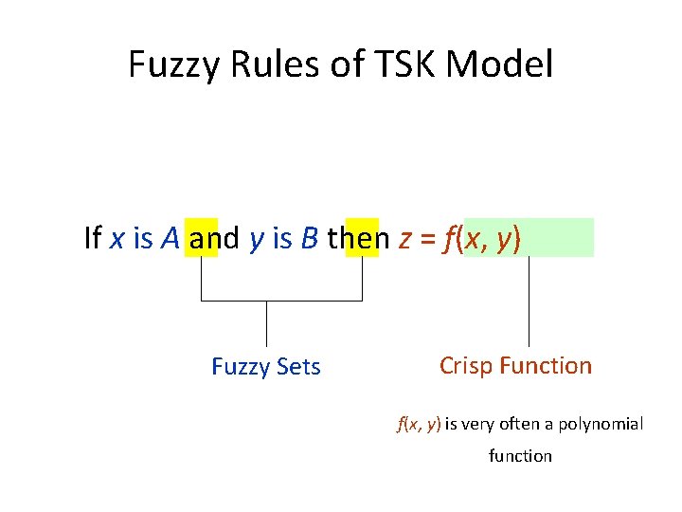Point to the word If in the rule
coord(93,239)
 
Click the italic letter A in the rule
coord(170,239)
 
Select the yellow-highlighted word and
coord(214,239)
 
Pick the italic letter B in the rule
coord(309,239)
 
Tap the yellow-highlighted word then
coord(359,239)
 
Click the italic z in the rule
coord(404,240)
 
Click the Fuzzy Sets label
coord(266,367)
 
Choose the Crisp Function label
coord(515,366)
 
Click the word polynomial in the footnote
coord(600,424)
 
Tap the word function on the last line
coord(520,456)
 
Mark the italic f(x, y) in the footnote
coord(419,424)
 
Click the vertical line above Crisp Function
coord(529,302)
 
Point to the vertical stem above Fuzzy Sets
coord(266,322)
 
